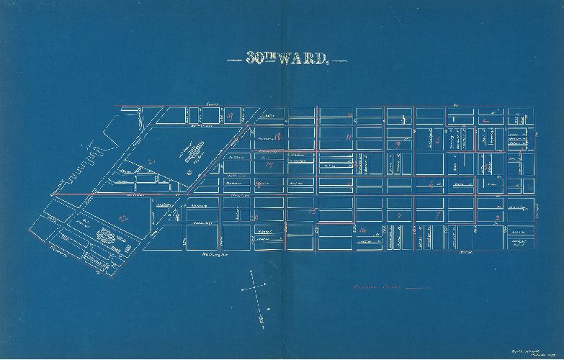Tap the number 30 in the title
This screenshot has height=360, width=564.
(x=254, y=60)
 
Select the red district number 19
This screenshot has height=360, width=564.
(x=230, y=116)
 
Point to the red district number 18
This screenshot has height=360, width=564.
(x=277, y=137)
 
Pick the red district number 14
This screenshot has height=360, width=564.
(x=362, y=230)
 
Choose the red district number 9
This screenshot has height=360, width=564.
(x=398, y=145)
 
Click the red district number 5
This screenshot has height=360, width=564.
(x=437, y=139)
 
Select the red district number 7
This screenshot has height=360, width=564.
(x=437, y=215)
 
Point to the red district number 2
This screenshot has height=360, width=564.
(x=497, y=217)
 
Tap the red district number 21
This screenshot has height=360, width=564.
(x=151, y=161)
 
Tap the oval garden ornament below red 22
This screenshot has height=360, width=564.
(x=106, y=235)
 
